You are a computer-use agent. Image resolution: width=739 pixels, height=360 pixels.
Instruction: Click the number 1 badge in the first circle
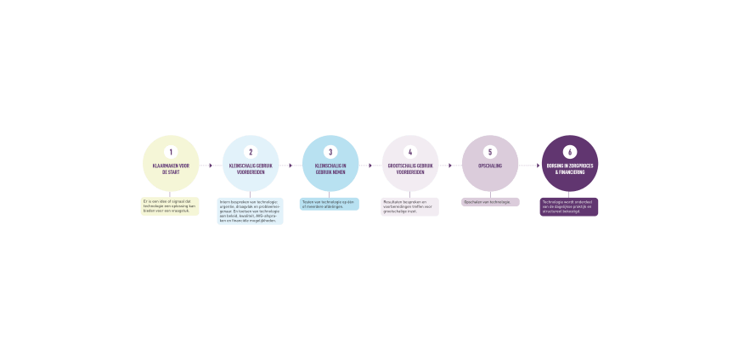[x=171, y=152]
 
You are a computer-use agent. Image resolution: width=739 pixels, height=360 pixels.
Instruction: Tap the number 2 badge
[x=251, y=152]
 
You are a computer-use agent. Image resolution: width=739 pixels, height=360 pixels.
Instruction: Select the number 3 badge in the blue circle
[x=330, y=152]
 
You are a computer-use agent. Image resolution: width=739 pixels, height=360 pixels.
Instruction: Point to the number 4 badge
[x=410, y=152]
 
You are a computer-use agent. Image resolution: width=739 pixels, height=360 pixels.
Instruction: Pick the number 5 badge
[x=490, y=152]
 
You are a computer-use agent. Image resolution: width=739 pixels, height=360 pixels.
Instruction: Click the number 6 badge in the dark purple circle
[x=570, y=152]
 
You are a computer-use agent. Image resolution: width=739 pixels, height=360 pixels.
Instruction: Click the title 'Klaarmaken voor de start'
[x=171, y=168]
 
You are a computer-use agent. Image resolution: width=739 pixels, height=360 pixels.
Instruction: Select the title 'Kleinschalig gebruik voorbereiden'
[x=251, y=168]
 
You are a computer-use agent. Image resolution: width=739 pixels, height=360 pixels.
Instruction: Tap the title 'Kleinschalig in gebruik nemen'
[x=330, y=168]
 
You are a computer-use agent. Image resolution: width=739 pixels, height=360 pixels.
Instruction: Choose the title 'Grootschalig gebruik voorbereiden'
[x=410, y=168]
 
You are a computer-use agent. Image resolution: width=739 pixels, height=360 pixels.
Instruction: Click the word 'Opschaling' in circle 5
[x=490, y=165]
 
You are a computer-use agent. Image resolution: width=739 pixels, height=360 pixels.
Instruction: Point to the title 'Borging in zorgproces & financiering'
[x=570, y=168]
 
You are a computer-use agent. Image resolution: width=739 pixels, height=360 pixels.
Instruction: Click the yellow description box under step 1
[x=170, y=206]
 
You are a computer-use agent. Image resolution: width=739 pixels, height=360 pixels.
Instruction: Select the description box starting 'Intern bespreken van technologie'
[x=251, y=211]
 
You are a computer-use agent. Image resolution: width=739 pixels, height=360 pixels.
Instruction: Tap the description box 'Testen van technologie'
[x=330, y=204]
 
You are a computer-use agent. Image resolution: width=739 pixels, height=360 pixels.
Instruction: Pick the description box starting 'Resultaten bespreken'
[x=410, y=206]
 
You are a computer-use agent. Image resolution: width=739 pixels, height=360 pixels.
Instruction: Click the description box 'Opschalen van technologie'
[x=490, y=202]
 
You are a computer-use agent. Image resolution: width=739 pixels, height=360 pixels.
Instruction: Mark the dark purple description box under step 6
[x=569, y=206]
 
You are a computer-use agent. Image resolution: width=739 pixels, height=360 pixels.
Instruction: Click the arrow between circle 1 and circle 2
[x=211, y=165]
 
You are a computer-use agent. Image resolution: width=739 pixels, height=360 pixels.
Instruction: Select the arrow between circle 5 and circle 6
[x=530, y=165]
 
